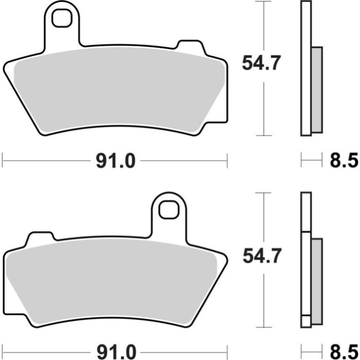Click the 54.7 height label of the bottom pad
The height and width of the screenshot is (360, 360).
261,257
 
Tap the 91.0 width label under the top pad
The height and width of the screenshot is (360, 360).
115,160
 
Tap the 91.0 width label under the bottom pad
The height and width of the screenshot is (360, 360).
115,351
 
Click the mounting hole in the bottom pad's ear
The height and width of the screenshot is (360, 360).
169,209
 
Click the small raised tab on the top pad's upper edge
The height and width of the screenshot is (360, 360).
189,45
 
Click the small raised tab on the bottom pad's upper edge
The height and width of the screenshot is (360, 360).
41,237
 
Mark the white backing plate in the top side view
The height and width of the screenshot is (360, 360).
306,67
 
